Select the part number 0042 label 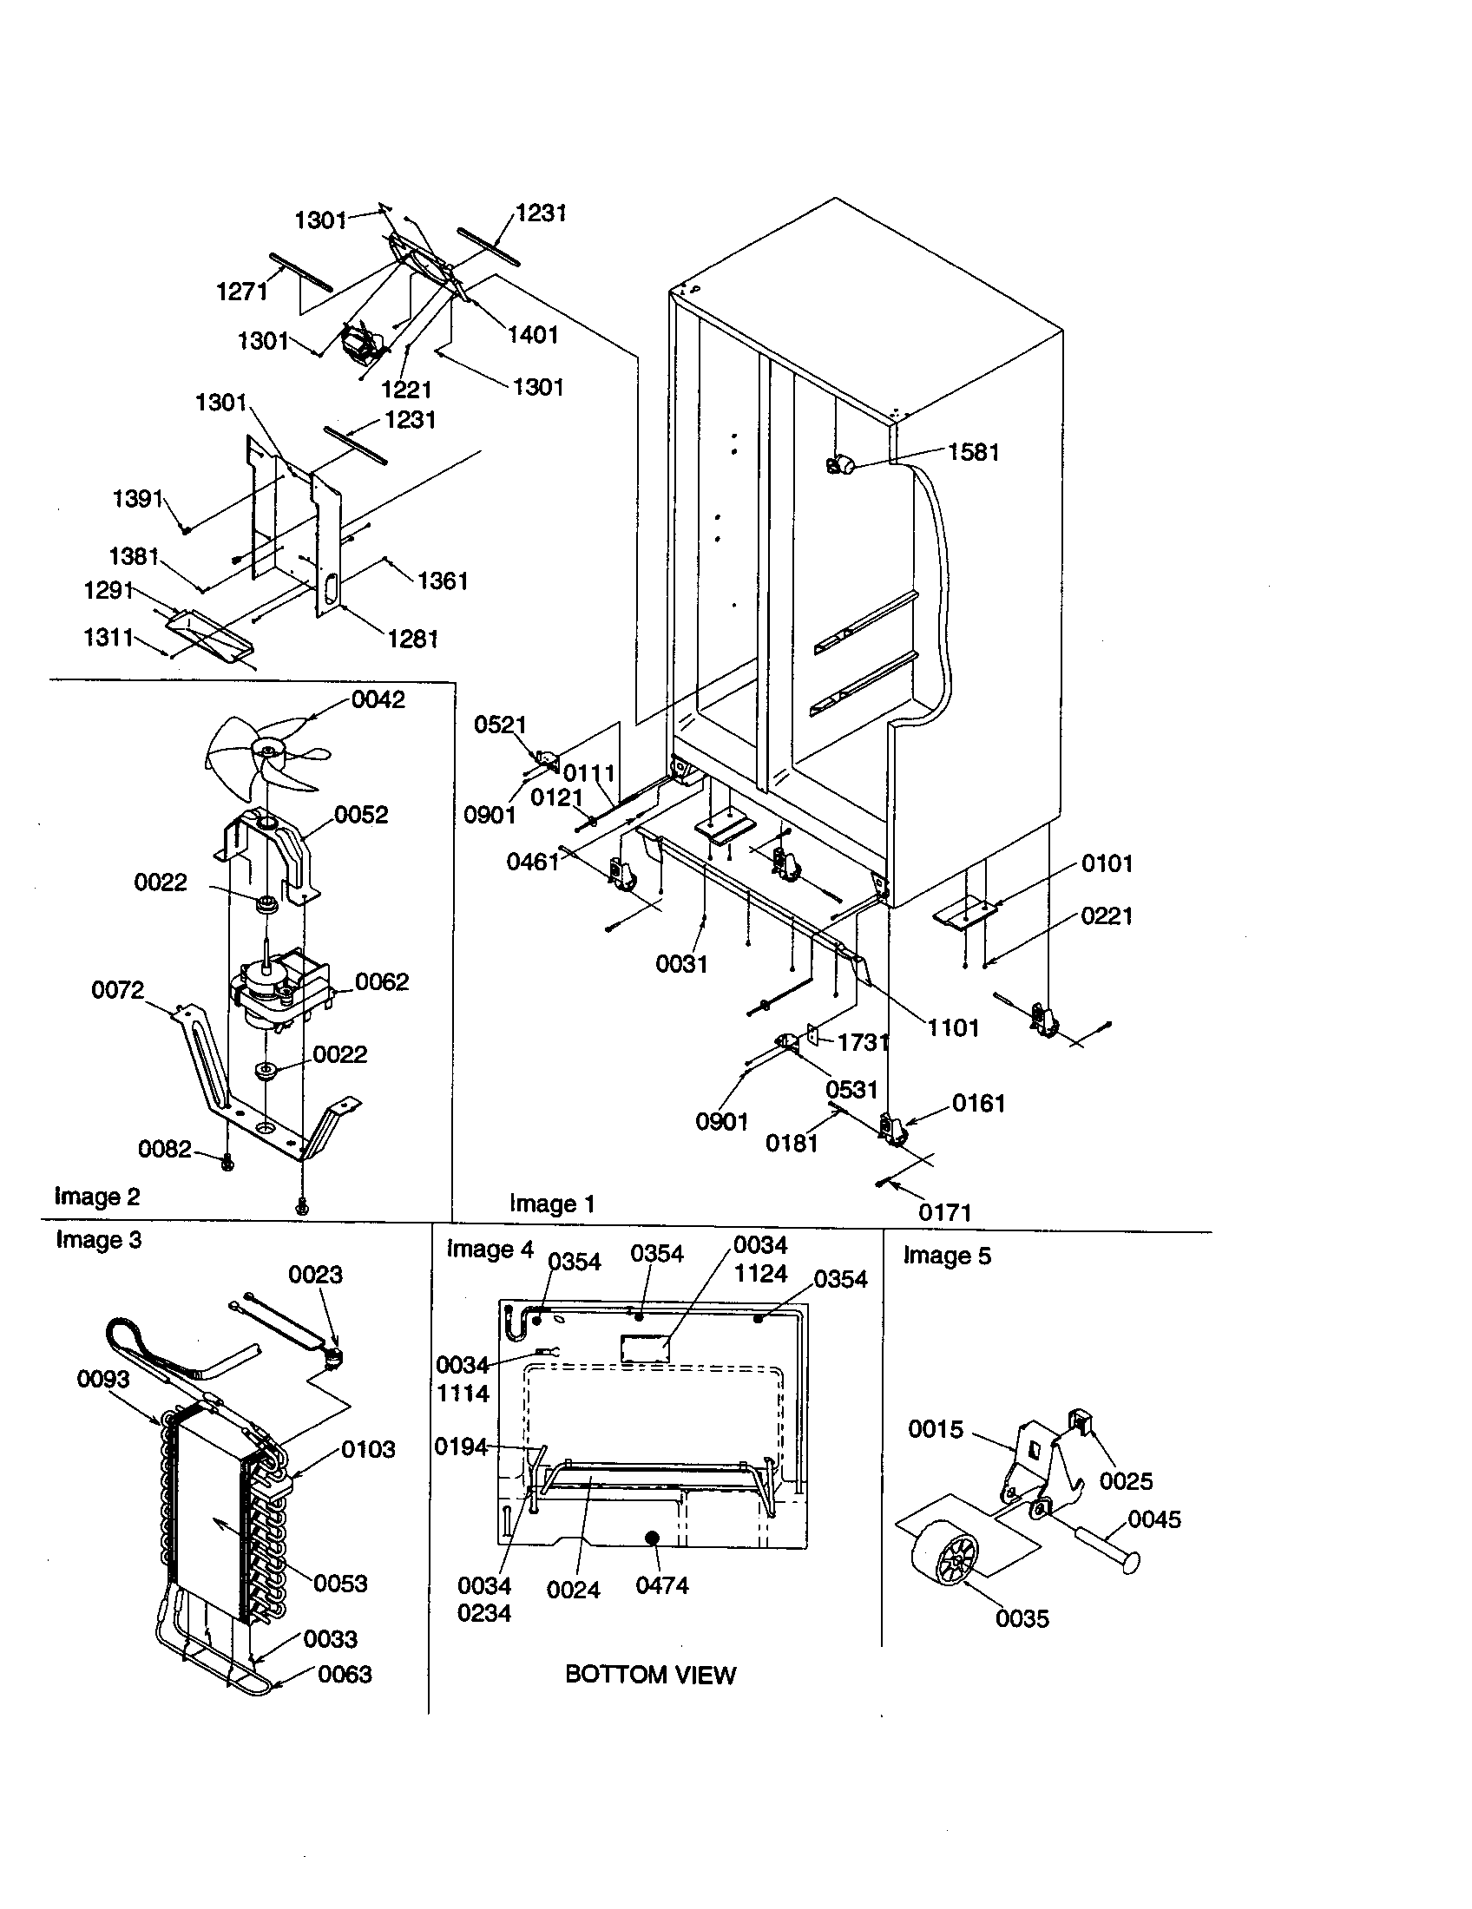click(378, 699)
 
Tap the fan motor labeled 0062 click(276, 990)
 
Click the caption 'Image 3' click(98, 1240)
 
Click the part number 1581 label click(973, 452)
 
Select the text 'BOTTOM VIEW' click(650, 1675)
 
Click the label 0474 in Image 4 click(661, 1584)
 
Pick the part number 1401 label click(532, 335)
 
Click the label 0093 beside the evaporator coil click(103, 1379)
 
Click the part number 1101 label click(953, 1027)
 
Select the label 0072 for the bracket click(117, 989)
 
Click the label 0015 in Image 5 click(936, 1429)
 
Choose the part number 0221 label click(1107, 916)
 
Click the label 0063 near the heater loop click(345, 1674)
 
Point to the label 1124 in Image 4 click(760, 1274)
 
